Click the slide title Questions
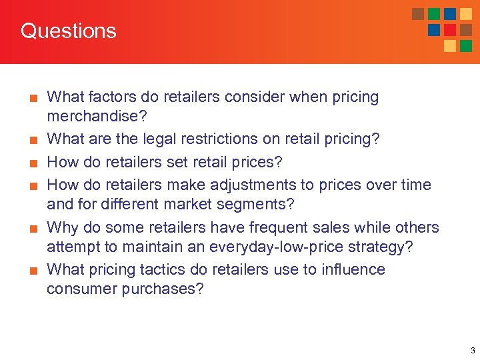(x=68, y=31)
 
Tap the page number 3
(x=472, y=350)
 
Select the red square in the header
(x=450, y=30)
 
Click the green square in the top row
(x=434, y=14)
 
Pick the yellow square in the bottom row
(x=450, y=46)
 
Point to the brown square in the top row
(x=418, y=14)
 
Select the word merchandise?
(x=97, y=116)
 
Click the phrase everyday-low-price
(x=284, y=247)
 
